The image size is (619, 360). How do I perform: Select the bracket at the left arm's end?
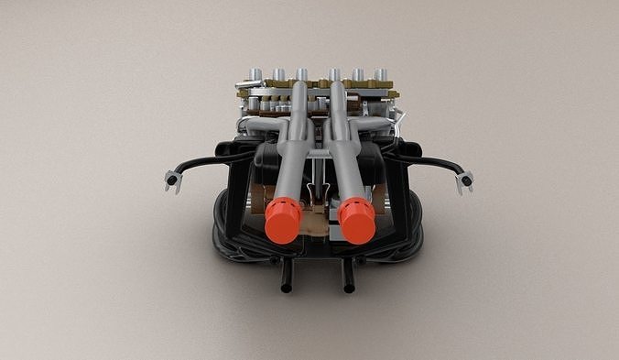(170, 180)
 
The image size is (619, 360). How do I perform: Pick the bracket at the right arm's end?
(465, 180)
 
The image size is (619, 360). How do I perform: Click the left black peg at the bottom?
(286, 276)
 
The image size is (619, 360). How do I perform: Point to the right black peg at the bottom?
(348, 277)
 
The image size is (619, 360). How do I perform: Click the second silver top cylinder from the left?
(277, 74)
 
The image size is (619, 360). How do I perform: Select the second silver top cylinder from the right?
(357, 74)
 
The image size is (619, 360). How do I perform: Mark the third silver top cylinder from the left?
(301, 74)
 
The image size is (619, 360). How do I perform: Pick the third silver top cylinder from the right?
(334, 74)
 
